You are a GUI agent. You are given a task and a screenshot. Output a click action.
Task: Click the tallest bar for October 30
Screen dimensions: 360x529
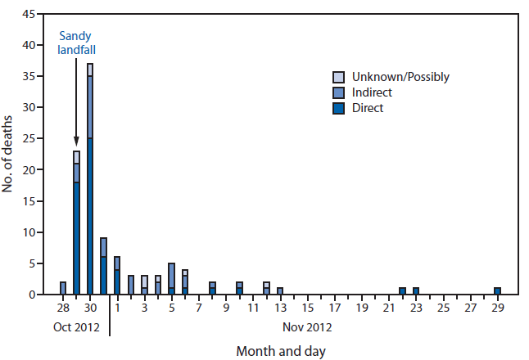pyautogui.click(x=90, y=180)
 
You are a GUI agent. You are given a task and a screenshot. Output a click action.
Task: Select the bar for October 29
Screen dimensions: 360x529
pyautogui.click(x=76, y=223)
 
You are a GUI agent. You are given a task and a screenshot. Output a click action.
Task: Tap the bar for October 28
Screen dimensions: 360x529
pyautogui.click(x=63, y=288)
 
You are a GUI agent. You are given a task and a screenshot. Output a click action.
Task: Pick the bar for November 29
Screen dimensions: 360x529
pyautogui.click(x=497, y=290)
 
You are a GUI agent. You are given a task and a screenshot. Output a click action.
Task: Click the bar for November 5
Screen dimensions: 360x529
pyautogui.click(x=171, y=279)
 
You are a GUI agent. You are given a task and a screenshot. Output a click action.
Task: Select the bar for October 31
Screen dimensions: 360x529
pyautogui.click(x=103, y=266)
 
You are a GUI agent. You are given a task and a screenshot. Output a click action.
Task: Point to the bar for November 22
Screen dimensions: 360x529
pyautogui.click(x=402, y=290)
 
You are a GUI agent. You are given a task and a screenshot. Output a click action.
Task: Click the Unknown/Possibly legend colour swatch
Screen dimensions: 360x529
pyautogui.click(x=337, y=77)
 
